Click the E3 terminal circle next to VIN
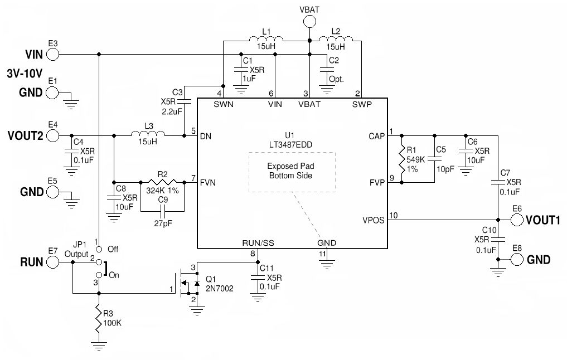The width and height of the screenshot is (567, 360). (x=52, y=54)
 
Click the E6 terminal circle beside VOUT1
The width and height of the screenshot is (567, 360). (x=517, y=220)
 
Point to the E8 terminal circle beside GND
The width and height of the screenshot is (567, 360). (x=517, y=259)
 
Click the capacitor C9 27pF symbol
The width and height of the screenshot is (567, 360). (x=162, y=211)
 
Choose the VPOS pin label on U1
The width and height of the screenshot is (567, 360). (x=373, y=220)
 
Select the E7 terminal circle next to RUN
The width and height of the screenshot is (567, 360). (x=52, y=261)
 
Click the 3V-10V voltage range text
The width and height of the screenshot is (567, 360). (x=25, y=73)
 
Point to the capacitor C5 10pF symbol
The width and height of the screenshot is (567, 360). (x=434, y=159)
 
